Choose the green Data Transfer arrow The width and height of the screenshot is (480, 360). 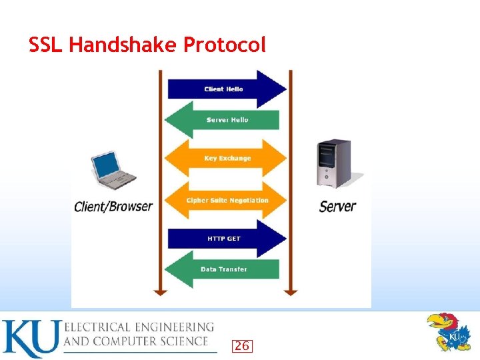[223, 269]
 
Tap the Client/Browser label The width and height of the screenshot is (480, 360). [113, 207]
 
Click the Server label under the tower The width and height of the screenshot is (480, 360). [337, 206]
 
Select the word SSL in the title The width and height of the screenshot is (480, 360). [46, 45]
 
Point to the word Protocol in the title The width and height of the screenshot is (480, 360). [225, 45]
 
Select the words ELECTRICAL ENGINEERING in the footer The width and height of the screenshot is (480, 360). [139, 327]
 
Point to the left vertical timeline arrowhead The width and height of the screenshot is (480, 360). [159, 291]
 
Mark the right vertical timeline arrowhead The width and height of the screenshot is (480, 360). [290, 291]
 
